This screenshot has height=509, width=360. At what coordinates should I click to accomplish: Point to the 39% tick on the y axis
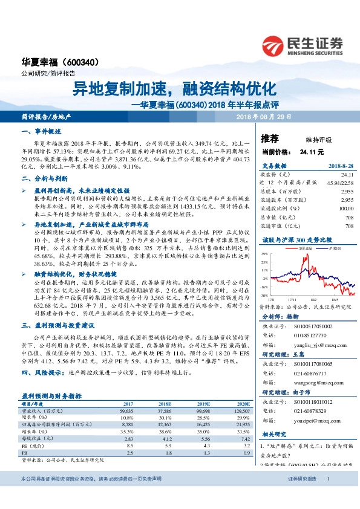tap(264, 254)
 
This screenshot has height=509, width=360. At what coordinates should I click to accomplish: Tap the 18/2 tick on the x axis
tap(313, 298)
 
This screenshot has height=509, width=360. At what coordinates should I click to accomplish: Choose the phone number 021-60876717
tap(312, 374)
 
